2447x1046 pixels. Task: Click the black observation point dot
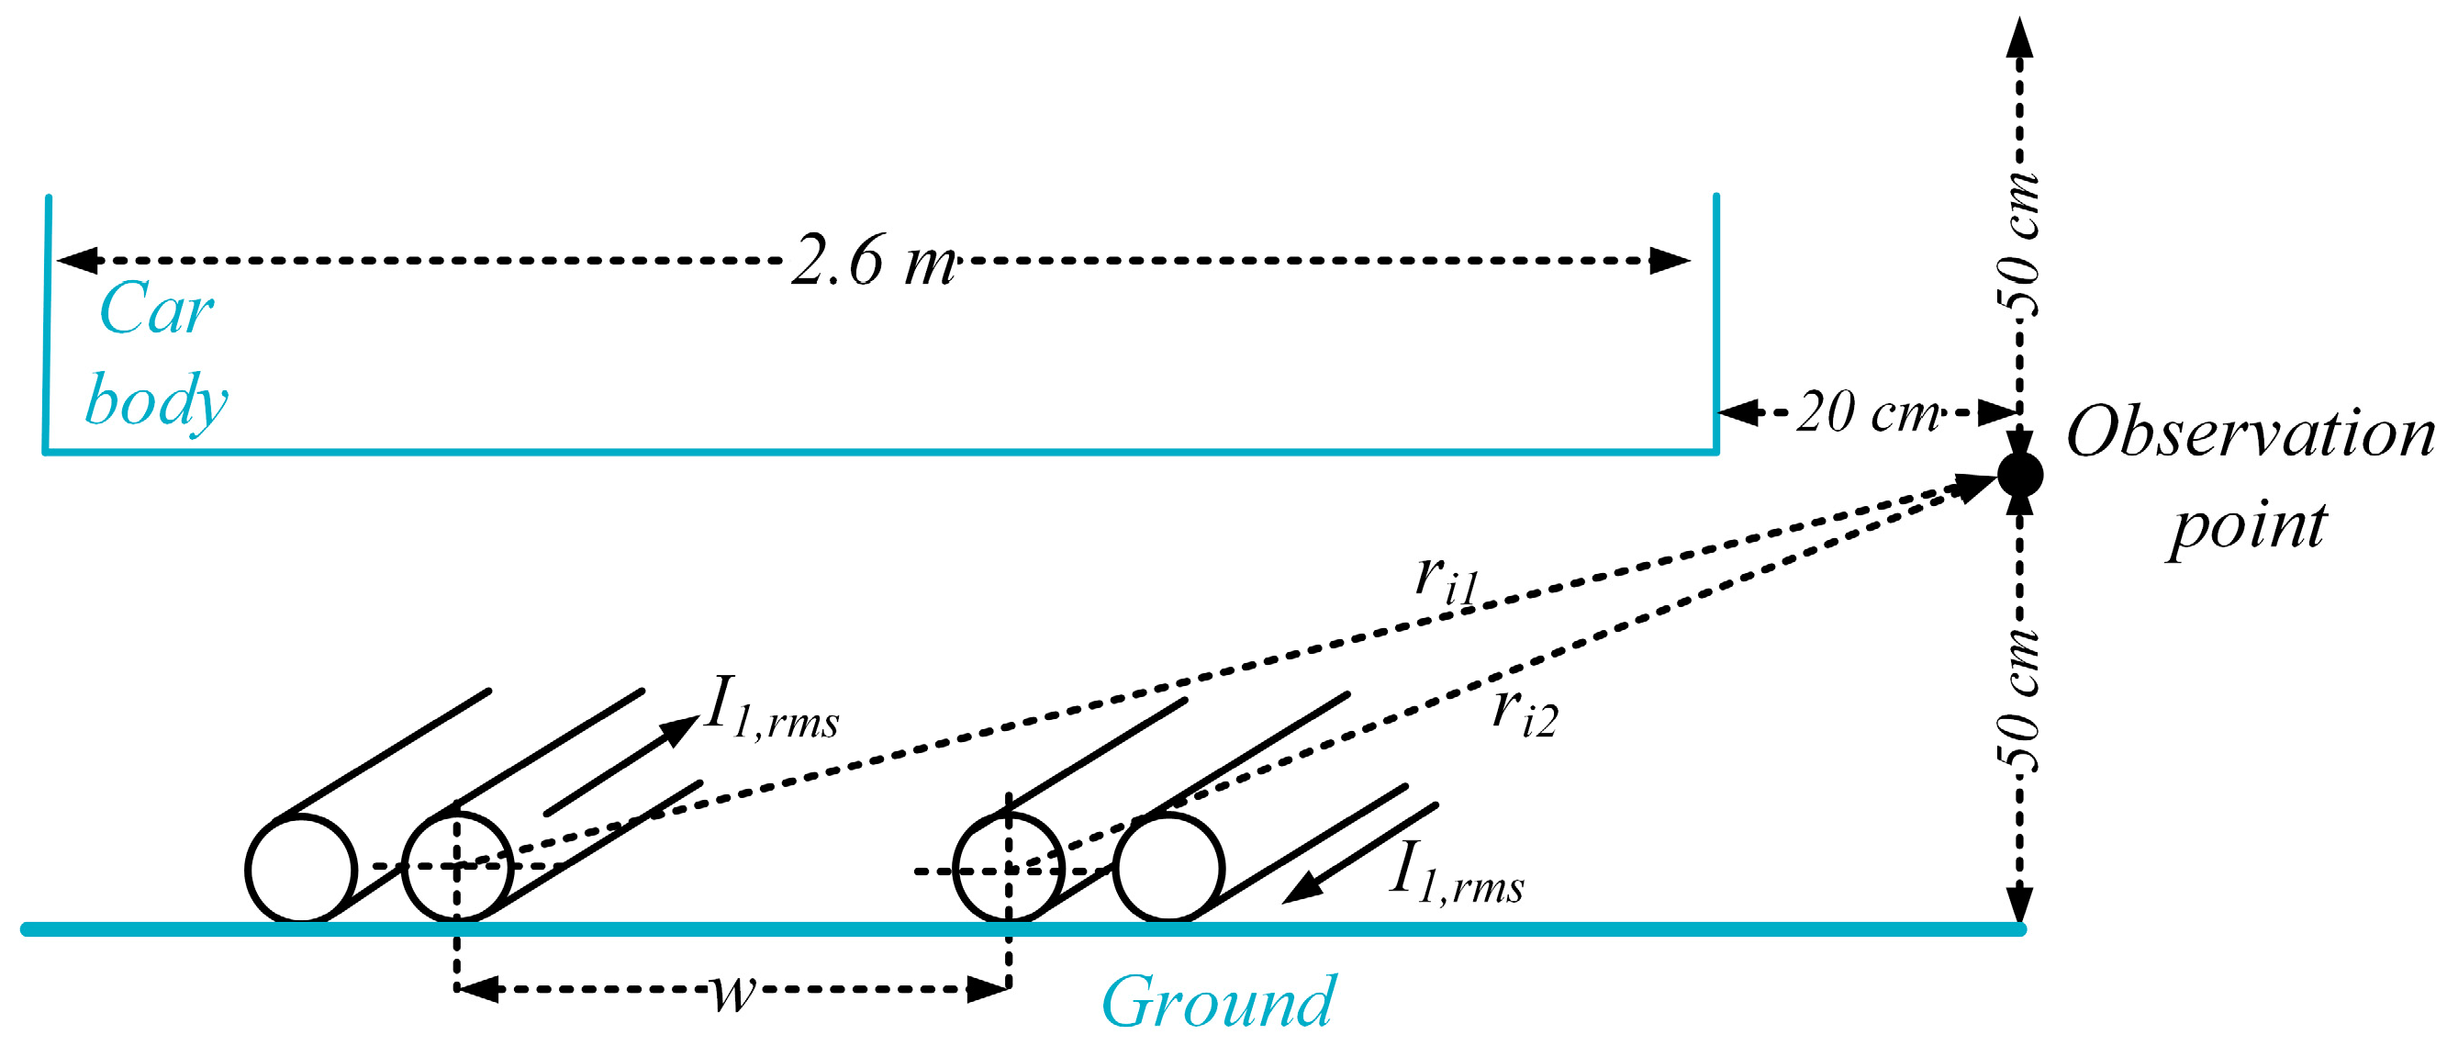point(2019,473)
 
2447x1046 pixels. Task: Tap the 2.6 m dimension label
point(872,260)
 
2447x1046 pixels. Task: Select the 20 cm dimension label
point(1868,412)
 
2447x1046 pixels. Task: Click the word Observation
point(2251,433)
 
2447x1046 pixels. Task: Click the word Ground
point(1218,1002)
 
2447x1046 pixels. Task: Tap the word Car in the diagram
point(156,309)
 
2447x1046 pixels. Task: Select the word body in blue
point(156,401)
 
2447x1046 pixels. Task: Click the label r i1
point(1446,579)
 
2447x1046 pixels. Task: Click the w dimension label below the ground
point(733,991)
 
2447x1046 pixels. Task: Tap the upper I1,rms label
point(771,708)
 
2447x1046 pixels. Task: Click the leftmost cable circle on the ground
point(301,870)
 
